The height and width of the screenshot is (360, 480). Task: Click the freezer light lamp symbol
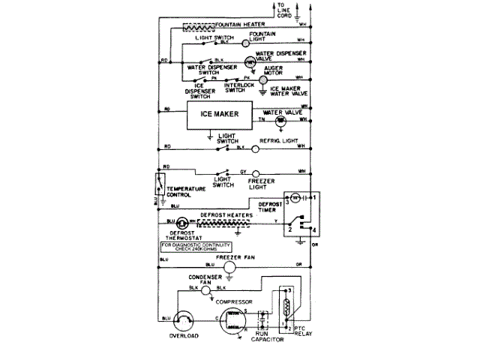click(x=253, y=171)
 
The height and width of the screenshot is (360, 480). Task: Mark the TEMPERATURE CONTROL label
click(x=187, y=190)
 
